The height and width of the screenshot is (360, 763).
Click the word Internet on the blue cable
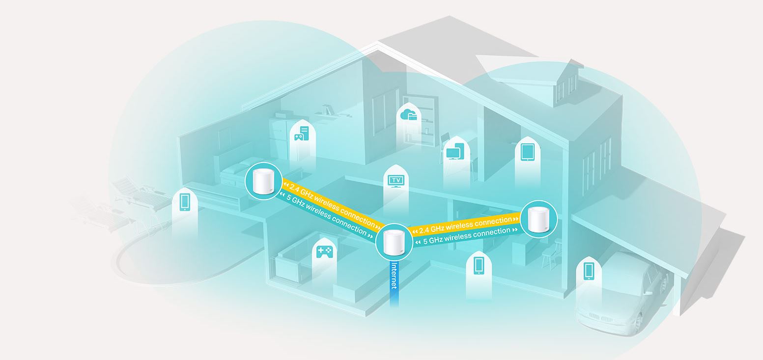point(394,276)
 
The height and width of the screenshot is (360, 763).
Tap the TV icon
point(396,181)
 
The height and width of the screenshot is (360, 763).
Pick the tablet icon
point(527,152)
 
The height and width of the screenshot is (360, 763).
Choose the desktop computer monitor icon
point(454,152)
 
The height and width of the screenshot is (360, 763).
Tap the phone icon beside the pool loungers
point(185,201)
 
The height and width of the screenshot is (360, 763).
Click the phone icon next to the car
point(589,271)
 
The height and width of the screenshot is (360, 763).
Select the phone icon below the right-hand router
point(479,266)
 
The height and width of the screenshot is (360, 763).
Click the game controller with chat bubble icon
point(301,133)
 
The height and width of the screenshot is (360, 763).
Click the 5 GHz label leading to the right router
point(467,236)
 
